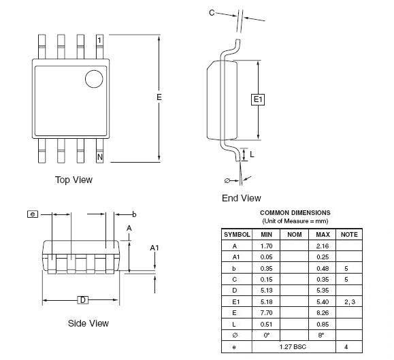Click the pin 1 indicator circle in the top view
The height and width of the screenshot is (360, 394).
click(x=94, y=79)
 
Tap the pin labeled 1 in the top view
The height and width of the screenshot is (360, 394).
click(x=100, y=47)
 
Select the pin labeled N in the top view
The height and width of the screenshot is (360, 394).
click(x=100, y=150)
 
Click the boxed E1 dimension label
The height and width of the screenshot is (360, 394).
click(x=258, y=99)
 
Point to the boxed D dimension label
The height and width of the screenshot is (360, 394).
click(x=83, y=299)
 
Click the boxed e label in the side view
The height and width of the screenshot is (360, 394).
click(x=33, y=214)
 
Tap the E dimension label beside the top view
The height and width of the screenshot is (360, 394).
click(x=159, y=97)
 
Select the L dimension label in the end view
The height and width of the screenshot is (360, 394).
click(x=252, y=154)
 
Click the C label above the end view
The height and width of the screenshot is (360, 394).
click(x=212, y=12)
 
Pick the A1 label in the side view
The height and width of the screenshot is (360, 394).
click(x=154, y=248)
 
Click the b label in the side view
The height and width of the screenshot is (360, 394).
click(x=135, y=214)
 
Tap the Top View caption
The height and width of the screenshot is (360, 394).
click(x=73, y=180)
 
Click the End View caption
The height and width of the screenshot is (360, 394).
click(x=242, y=198)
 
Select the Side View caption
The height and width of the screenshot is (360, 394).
click(x=88, y=323)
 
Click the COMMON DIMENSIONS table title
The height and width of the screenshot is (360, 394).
click(x=295, y=213)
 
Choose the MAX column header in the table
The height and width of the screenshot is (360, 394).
click(x=323, y=234)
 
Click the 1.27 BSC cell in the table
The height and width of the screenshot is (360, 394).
click(x=293, y=346)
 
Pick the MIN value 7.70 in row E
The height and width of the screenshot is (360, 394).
click(x=266, y=313)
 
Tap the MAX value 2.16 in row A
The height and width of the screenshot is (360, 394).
click(x=323, y=246)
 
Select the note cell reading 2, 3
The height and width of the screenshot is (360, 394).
click(x=350, y=301)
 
